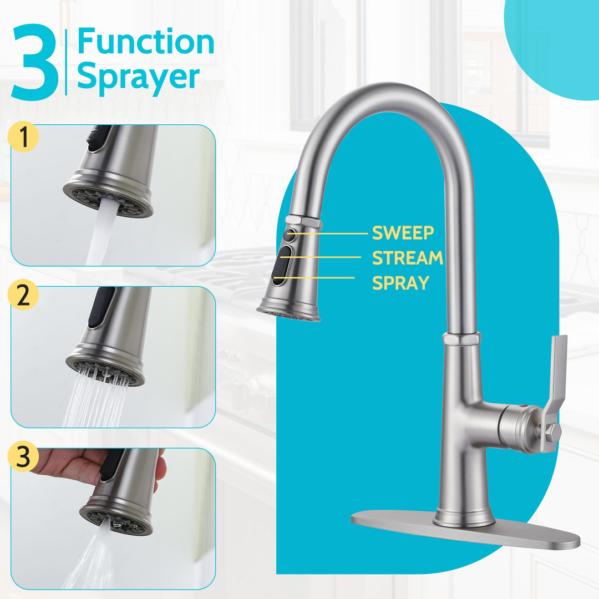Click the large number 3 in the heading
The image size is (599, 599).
35,62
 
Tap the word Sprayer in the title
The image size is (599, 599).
138,77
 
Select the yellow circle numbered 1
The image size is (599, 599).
23,137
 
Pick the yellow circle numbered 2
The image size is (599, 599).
23,295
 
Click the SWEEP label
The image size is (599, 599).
403,233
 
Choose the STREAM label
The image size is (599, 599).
408,258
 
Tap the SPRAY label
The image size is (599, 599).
401,283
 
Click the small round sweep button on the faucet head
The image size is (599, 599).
291,234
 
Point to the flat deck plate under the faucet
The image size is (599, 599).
465,529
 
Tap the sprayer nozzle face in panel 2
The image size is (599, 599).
105,370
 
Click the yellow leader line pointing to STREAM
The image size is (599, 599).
321,257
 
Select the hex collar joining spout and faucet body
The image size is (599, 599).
461,338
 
